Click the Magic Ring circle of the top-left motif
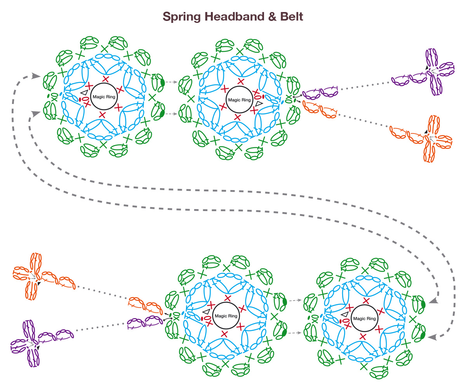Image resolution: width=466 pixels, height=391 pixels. point(104,97)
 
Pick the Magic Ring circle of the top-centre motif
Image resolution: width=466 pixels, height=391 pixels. point(239,100)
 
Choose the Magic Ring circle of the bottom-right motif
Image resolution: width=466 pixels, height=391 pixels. point(364,318)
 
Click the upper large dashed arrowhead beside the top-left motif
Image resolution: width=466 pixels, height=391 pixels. point(38,75)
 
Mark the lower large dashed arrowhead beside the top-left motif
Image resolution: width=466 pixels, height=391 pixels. point(36,113)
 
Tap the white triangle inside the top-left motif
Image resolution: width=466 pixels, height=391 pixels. point(84,92)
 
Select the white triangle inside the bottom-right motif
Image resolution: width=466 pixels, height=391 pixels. point(344,314)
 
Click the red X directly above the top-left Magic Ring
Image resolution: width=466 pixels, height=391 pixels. point(105,79)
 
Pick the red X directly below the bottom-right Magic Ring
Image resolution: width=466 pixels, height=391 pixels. point(363,336)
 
